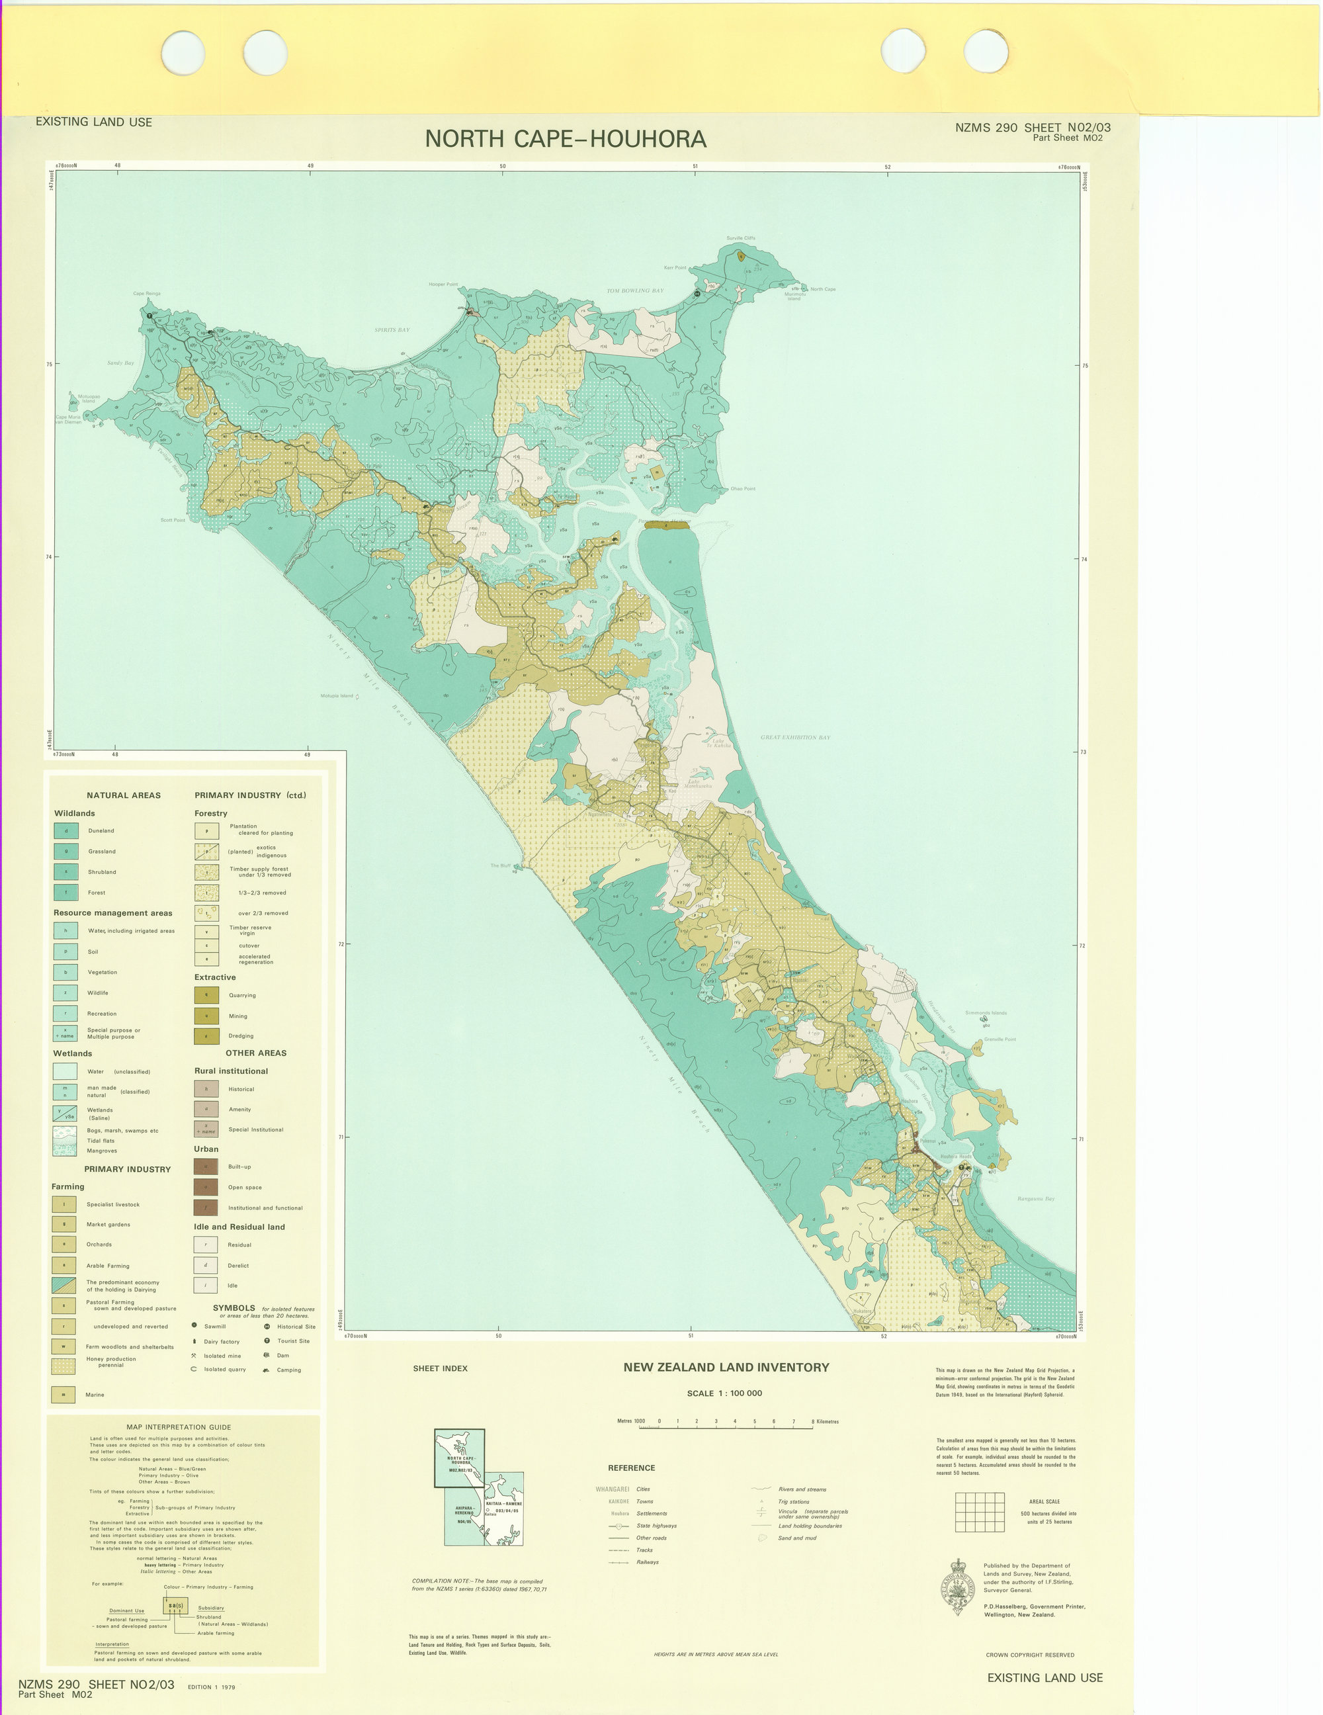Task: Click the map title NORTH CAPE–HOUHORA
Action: click(x=566, y=139)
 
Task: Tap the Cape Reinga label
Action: click(x=146, y=294)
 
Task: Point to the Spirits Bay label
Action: click(x=392, y=330)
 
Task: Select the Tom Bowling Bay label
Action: click(x=634, y=290)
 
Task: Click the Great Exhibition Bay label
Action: click(x=794, y=737)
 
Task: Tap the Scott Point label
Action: click(x=173, y=520)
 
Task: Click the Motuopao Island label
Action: click(x=89, y=398)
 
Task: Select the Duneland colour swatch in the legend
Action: click(x=66, y=830)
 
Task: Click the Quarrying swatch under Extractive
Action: click(x=206, y=995)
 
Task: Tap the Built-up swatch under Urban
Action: click(x=206, y=1167)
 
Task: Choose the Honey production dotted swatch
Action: click(x=64, y=1366)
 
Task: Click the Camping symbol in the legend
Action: click(x=267, y=1370)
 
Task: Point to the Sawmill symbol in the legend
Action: click(x=194, y=1325)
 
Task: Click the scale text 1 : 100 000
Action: click(x=723, y=1393)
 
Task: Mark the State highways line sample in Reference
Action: click(x=619, y=1526)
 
